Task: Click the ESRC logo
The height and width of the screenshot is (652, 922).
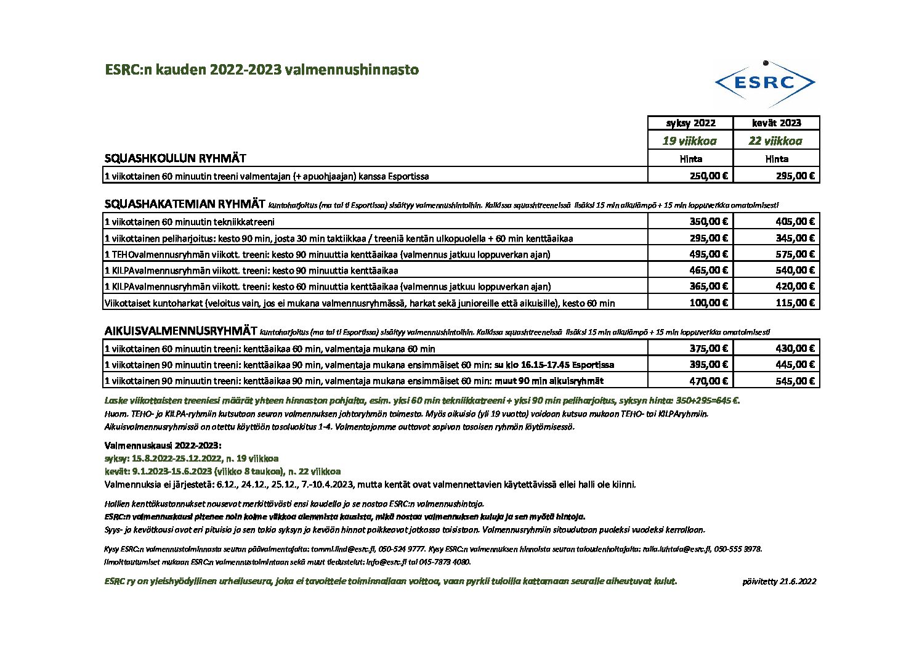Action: coord(765,83)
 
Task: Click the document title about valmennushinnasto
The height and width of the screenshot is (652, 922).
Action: coord(262,70)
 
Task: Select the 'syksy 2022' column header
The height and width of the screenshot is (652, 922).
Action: coord(690,123)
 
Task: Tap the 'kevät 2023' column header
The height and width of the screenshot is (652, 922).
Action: coord(777,123)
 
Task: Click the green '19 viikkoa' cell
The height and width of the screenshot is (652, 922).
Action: coord(690,141)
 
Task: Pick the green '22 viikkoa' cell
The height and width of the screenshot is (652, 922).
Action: coord(775,141)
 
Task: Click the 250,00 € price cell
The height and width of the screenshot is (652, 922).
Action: coord(708,176)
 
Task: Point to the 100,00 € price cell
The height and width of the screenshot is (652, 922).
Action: coord(708,303)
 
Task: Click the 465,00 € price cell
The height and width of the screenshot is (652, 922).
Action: coord(708,270)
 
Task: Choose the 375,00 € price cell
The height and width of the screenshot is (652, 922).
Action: coord(708,348)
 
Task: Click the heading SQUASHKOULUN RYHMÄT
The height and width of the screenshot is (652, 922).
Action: coord(176,158)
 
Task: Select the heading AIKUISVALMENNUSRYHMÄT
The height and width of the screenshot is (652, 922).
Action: coord(181,331)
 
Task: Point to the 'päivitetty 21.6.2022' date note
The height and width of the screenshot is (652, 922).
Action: coord(780,581)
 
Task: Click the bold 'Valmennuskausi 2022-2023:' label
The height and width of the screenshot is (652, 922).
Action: coord(163,445)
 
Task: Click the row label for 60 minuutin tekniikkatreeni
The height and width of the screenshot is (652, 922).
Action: coord(190,222)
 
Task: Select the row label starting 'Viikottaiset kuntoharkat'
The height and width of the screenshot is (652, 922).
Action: coord(360,303)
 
